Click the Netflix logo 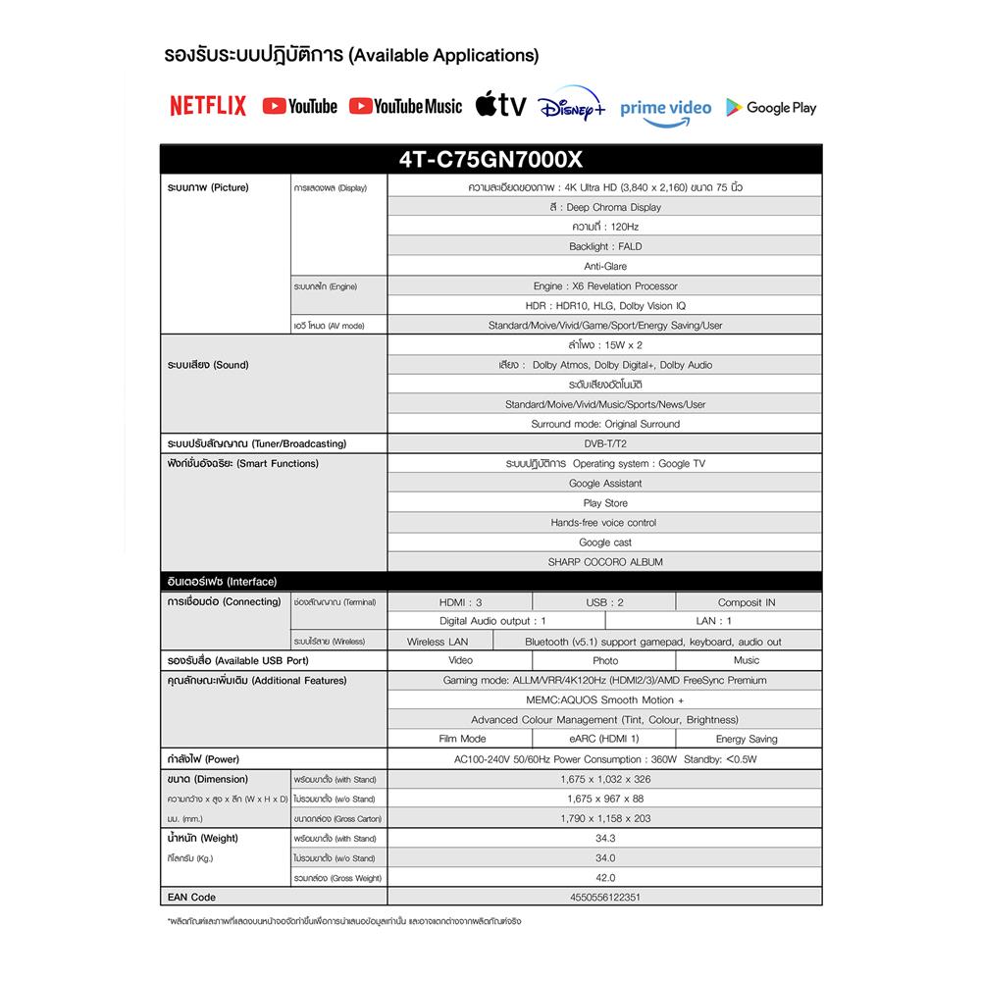point(208,106)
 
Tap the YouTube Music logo point(404,106)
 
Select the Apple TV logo point(500,105)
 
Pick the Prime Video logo point(666,108)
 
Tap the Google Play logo point(771,107)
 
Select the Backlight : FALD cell point(605,246)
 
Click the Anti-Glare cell point(605,266)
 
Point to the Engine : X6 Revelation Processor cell point(605,285)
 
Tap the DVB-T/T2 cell point(605,443)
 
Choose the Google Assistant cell point(605,483)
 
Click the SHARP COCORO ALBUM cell point(605,562)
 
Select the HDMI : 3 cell point(460,602)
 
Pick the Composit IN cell point(747,602)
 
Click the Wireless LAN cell point(438,642)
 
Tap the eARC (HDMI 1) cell point(604,739)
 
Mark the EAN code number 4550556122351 point(605,897)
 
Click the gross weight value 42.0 point(605,877)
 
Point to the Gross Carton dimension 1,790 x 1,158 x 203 point(605,818)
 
